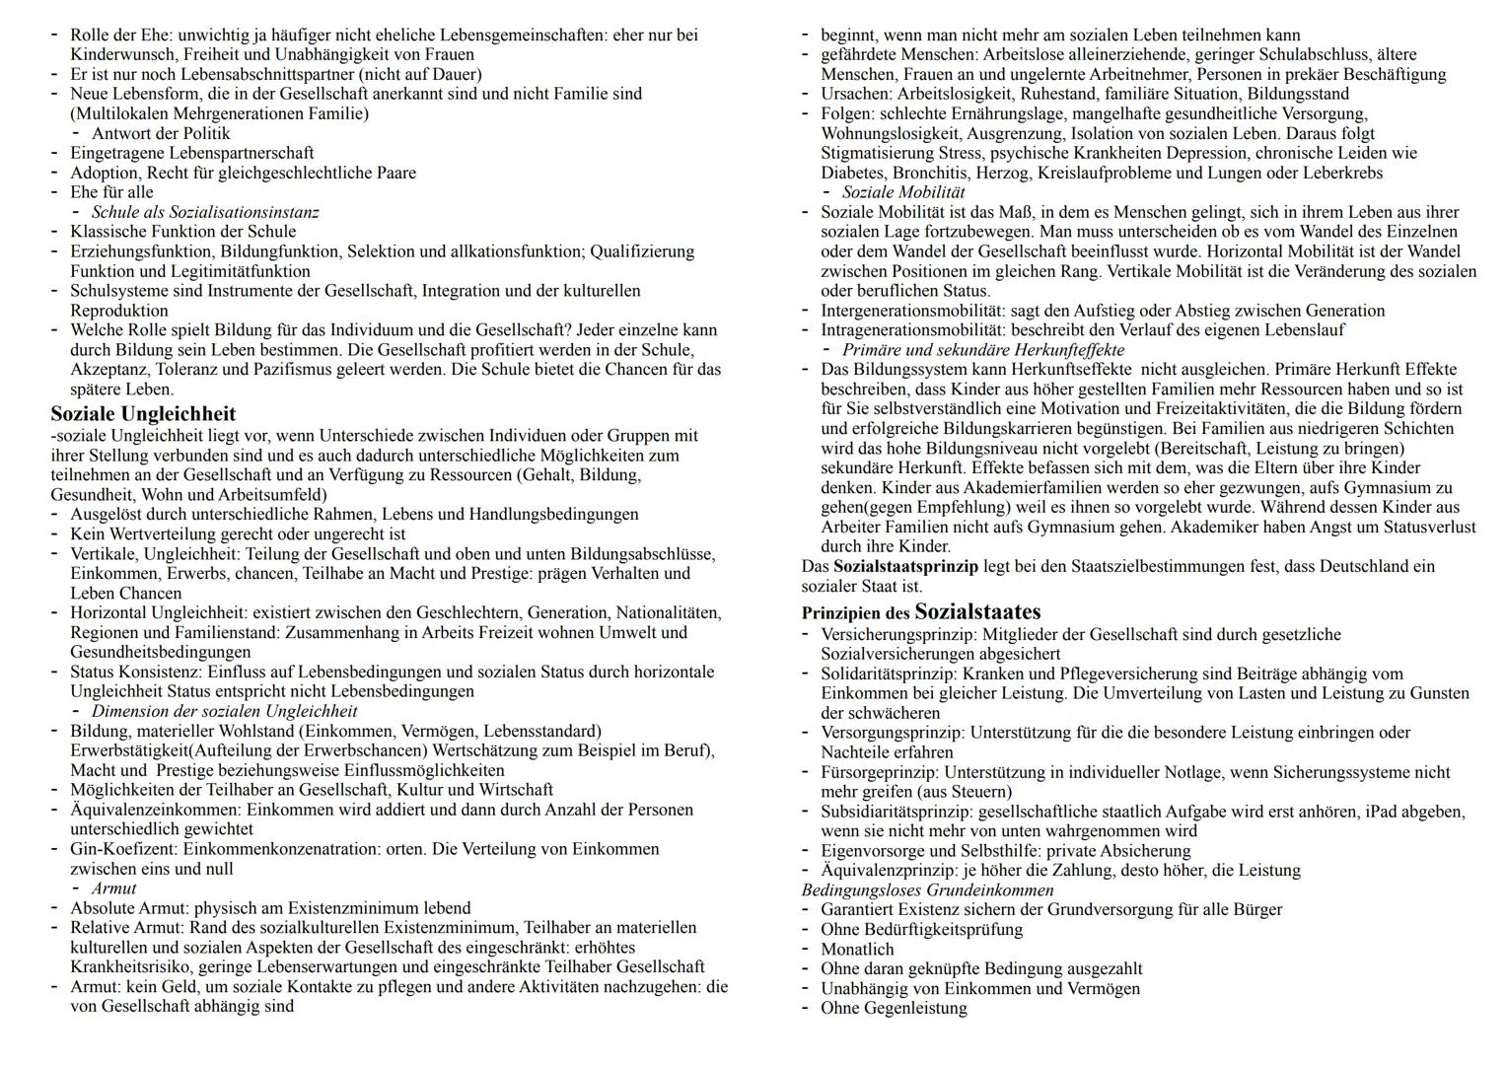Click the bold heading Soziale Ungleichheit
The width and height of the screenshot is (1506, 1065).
143,413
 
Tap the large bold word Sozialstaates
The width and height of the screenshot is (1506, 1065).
977,611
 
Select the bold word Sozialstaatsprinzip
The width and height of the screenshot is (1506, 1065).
905,567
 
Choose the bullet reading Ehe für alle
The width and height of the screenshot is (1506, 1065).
111,192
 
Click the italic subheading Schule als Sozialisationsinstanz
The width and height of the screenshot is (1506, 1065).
205,212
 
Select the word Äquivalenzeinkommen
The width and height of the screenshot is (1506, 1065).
155,810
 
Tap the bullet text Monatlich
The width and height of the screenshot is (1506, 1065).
857,950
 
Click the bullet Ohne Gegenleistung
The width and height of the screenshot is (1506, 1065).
894,1008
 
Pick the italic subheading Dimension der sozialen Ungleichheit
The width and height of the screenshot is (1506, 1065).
224,711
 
